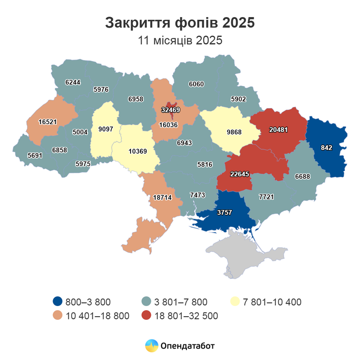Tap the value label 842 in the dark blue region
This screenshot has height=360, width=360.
coord(327,148)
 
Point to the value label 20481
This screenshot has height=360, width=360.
coord(278,130)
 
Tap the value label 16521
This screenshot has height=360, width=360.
coord(47,122)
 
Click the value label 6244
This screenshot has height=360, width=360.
coord(73,82)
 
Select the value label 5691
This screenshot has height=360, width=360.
coord(35,156)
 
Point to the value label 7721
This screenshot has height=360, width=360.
coord(266,197)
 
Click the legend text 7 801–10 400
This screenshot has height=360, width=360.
coord(272,302)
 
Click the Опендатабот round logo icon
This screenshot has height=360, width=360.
coord(152,345)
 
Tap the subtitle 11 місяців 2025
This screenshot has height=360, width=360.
coord(180,40)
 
